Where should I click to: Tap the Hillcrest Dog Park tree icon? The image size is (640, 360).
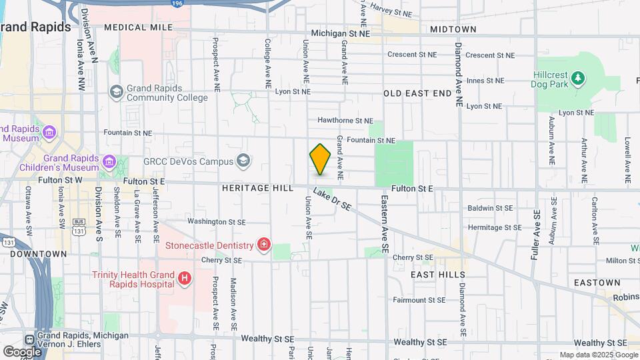click(x=578, y=79)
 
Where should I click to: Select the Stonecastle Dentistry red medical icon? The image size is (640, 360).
click(x=265, y=245)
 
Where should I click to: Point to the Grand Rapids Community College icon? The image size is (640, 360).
click(x=116, y=91)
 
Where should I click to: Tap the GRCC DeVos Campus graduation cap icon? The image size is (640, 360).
click(x=243, y=161)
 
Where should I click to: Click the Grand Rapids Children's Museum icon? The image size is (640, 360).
click(x=108, y=161)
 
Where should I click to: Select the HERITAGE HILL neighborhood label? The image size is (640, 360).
click(x=257, y=189)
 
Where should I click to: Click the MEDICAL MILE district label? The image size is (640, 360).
click(x=137, y=28)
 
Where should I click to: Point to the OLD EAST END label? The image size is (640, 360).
click(x=417, y=94)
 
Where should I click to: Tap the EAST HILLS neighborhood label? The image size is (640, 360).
click(x=438, y=275)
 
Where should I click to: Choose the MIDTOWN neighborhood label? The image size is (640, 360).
click(x=453, y=29)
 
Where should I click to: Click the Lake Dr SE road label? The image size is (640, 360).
click(x=332, y=201)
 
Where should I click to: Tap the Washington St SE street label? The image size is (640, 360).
click(x=217, y=221)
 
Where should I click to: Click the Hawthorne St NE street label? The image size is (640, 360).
click(x=345, y=121)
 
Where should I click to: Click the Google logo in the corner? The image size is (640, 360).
click(x=22, y=351)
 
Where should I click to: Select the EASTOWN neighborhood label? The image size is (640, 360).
click(x=597, y=283)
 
